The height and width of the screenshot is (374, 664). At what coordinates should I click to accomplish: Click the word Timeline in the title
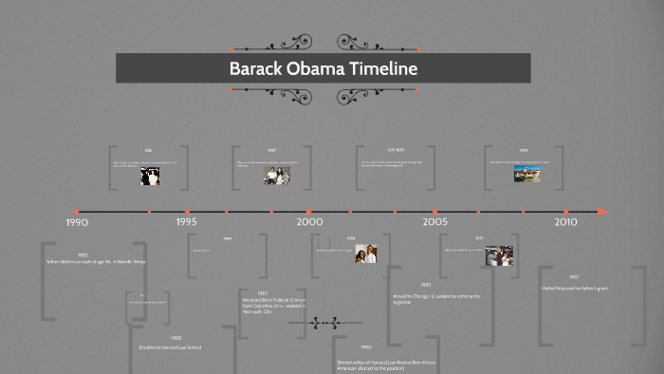click(x=380, y=68)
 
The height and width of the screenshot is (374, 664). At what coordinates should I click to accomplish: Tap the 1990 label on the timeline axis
click(x=77, y=222)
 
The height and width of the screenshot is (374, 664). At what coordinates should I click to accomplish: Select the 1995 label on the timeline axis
click(x=186, y=221)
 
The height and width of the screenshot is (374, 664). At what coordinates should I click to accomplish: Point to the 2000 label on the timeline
click(x=309, y=221)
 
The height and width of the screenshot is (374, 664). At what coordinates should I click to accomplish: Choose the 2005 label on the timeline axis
click(x=435, y=221)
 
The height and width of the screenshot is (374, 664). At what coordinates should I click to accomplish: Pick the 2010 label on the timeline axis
click(x=565, y=221)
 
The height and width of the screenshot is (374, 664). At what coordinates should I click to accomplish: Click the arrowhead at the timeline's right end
click(x=601, y=211)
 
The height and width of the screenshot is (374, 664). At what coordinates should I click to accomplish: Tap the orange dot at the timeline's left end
click(x=76, y=211)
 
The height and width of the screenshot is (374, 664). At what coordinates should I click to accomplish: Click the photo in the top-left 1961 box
click(x=149, y=175)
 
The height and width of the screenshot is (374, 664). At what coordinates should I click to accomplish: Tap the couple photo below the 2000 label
click(x=366, y=254)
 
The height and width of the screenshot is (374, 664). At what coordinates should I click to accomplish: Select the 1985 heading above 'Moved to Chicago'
click(x=426, y=285)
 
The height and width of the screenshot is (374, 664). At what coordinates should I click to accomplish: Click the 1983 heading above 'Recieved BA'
click(x=262, y=292)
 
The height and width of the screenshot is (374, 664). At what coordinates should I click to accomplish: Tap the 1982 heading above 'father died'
click(x=83, y=254)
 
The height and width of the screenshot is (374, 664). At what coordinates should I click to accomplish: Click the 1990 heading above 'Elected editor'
click(x=366, y=347)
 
